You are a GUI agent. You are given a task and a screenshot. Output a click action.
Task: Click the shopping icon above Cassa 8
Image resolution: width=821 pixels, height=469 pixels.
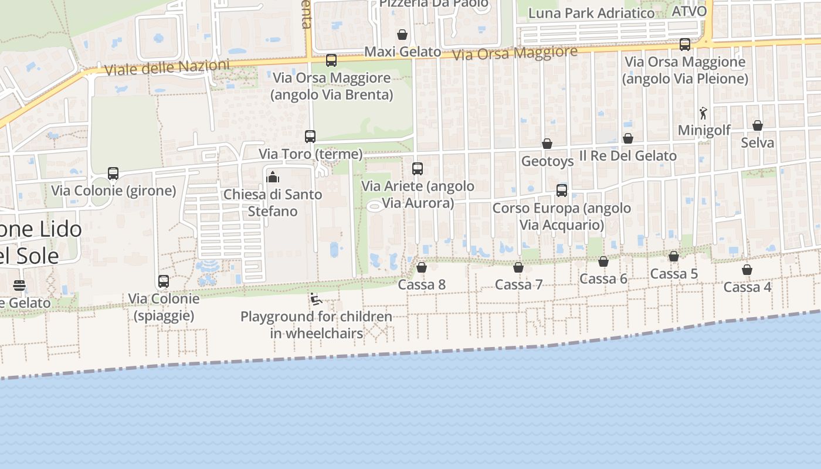(x=421, y=267)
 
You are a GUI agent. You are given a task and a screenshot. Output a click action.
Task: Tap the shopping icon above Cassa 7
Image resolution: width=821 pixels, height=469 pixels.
(x=518, y=267)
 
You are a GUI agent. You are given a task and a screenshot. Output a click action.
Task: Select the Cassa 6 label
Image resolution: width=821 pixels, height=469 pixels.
(x=603, y=278)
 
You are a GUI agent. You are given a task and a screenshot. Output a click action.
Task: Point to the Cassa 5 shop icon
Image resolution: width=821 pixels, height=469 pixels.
(x=674, y=256)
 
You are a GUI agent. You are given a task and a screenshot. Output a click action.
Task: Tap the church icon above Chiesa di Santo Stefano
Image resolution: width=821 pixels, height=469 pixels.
(x=273, y=176)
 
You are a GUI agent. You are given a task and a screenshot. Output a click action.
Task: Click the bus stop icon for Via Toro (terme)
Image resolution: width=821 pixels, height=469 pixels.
(x=310, y=137)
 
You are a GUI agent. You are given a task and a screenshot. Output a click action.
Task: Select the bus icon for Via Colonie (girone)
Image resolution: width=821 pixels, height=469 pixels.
(x=113, y=174)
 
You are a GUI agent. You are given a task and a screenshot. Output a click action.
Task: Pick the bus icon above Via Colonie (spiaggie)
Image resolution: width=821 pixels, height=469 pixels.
(x=164, y=281)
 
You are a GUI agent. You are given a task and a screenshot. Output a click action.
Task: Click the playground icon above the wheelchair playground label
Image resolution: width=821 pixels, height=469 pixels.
(x=316, y=299)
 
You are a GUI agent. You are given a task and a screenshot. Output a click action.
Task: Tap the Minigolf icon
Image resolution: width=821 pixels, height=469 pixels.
(x=703, y=113)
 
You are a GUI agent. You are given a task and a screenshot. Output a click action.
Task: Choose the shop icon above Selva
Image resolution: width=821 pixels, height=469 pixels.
(x=758, y=125)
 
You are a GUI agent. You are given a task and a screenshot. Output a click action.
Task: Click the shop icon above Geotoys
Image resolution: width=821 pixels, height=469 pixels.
(x=547, y=144)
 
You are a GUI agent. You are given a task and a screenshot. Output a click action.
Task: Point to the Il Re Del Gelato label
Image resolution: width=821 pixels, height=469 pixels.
(x=628, y=156)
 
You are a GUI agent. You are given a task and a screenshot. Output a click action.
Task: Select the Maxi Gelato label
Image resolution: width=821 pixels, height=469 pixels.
(x=403, y=52)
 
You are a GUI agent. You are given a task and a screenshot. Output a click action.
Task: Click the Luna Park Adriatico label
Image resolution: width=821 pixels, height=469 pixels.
(x=591, y=13)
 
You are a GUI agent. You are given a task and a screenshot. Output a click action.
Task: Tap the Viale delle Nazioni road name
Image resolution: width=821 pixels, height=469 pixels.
(x=167, y=67)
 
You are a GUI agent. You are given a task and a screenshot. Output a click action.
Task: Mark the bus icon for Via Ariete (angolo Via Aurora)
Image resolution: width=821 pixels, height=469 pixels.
(x=418, y=169)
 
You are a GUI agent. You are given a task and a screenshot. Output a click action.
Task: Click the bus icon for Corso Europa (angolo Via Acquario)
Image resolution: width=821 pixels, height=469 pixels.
(x=562, y=191)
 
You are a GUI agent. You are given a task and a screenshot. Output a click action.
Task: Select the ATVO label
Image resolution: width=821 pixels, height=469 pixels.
(x=689, y=11)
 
